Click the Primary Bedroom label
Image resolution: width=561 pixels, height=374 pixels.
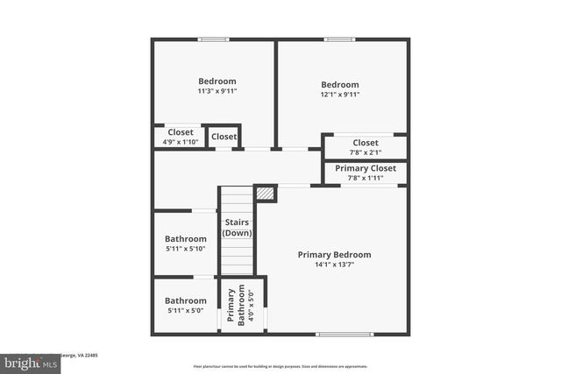(334, 255)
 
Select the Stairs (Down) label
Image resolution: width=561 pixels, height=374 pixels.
(237, 228)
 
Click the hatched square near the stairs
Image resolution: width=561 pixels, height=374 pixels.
(266, 193)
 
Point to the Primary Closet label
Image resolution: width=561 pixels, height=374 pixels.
(366, 168)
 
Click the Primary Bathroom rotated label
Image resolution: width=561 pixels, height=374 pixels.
(235, 307)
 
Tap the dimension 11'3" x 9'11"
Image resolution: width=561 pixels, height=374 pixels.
(217, 91)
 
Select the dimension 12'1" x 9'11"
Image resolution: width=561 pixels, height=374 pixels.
(339, 95)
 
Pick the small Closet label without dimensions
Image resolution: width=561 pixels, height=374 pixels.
(224, 137)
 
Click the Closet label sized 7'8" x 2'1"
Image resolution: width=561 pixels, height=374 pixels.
(366, 143)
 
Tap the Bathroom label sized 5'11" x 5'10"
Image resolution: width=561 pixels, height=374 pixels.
(186, 239)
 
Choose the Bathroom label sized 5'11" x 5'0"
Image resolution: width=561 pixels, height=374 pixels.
(186, 300)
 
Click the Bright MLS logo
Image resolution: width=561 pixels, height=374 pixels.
(27, 362)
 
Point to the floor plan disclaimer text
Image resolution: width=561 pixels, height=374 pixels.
(280, 366)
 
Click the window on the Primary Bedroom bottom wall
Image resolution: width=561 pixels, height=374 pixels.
(337, 334)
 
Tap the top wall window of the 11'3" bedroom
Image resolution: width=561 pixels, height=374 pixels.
(213, 39)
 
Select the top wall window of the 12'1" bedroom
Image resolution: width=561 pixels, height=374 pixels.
(339, 39)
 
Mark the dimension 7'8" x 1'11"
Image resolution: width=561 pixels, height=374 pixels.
(366, 178)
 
